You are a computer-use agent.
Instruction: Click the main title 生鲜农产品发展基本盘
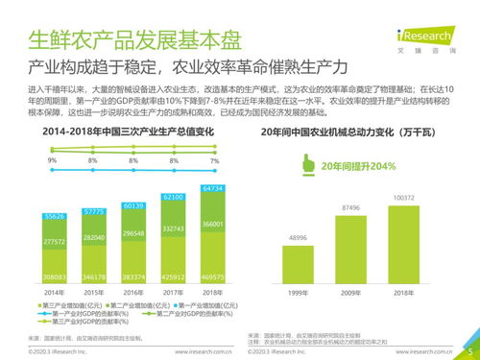(134, 41)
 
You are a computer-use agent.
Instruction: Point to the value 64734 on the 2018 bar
(212, 188)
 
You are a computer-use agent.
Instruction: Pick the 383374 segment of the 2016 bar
(133, 275)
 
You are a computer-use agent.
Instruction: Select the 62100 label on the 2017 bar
(173, 197)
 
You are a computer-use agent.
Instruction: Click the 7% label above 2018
(213, 160)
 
